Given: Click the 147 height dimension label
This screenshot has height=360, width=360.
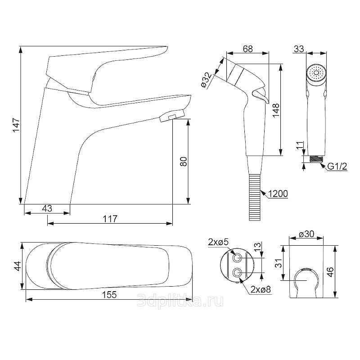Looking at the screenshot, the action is pos(16,125).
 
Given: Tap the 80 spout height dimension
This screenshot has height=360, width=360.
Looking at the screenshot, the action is pos(184,162).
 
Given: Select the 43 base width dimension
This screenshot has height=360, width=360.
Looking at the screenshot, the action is pos(47,208).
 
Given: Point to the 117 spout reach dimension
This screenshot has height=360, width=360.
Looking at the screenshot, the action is pos(110,219).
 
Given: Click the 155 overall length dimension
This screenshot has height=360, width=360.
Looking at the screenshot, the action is pos(109,295).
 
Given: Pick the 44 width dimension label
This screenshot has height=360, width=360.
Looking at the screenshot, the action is pos(18,266).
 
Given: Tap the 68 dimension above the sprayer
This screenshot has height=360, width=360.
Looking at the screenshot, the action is pos(248,49).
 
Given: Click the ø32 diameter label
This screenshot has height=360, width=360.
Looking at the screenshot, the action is pos(206,80).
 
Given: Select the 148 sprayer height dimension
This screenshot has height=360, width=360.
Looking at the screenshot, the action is pos(276,110).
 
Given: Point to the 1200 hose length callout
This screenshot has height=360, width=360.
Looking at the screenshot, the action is pos(278,194).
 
